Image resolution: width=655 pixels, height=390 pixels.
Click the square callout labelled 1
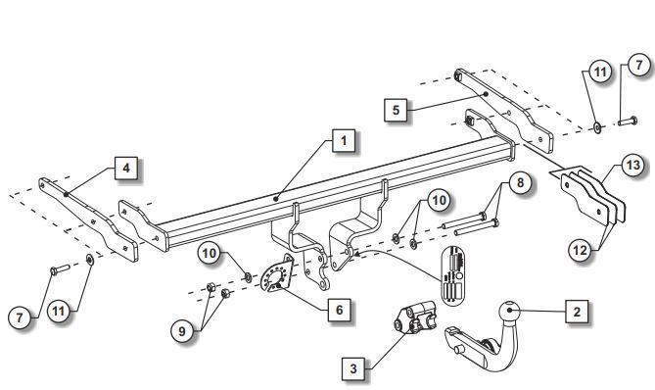[344, 140]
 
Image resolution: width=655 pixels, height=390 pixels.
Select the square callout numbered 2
[577, 312]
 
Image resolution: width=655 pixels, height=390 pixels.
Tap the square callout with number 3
[353, 368]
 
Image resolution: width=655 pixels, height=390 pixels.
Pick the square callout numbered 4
[126, 168]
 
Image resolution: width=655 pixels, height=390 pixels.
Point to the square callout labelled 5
[396, 111]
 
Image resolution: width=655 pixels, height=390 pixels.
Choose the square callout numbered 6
[339, 310]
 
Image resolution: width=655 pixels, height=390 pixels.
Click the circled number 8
[520, 182]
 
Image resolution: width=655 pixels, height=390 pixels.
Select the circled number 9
[182, 331]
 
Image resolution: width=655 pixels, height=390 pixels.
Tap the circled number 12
[580, 251]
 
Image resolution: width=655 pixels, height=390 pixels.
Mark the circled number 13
[632, 165]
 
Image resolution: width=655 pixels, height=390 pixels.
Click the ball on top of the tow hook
[509, 311]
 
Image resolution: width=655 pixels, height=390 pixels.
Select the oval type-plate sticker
[453, 275]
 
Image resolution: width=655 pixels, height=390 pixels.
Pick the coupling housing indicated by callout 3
[415, 318]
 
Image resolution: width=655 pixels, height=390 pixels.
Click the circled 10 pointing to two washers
[439, 200]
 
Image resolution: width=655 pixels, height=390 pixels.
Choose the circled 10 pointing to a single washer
[209, 253]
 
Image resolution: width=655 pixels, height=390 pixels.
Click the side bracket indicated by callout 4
[88, 219]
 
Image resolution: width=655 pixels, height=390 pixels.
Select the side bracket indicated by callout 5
[504, 111]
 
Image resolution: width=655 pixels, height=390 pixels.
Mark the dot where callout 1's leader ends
[276, 199]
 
